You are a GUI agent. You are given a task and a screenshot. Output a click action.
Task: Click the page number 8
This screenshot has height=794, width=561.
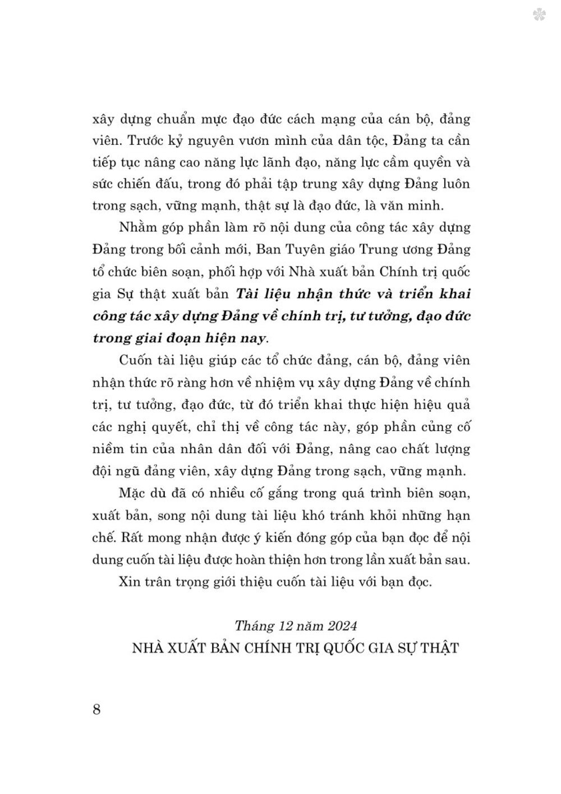96,709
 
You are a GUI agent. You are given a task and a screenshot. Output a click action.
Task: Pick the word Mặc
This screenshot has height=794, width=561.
132,493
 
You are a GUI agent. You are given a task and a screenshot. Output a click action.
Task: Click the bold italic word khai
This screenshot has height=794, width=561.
453,293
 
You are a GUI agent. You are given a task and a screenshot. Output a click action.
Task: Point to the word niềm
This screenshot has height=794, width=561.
107,449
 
